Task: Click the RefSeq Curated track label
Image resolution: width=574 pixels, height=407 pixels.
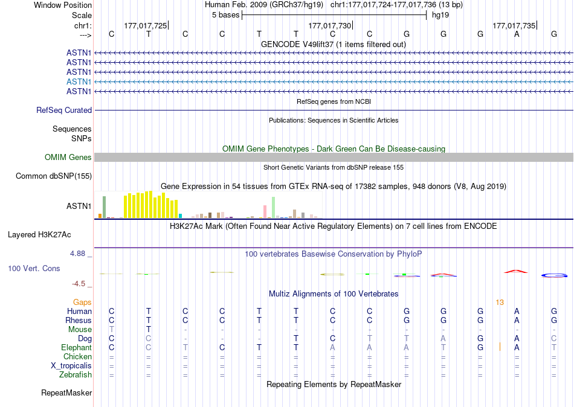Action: pos(64,111)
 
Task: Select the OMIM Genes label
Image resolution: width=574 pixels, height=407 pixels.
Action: pos(68,158)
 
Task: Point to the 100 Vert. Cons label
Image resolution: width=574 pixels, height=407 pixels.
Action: pos(34,268)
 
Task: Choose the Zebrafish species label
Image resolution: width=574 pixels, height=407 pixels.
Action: pos(76,375)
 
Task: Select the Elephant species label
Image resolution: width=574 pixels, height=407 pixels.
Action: pos(76,348)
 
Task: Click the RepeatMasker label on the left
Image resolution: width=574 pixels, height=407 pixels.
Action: pos(66,393)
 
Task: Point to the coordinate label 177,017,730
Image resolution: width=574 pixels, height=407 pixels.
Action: pos(329,25)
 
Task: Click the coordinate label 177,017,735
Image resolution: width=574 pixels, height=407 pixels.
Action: pos(514,25)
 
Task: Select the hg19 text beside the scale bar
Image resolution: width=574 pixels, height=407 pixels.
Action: pos(440,15)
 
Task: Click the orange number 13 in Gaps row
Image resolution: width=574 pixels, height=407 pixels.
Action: pos(500,302)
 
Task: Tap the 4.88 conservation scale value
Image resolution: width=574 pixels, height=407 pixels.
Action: pos(78,254)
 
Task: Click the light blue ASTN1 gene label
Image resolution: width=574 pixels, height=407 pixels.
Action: pos(79,82)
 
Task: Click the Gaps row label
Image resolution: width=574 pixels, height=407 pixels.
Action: pos(82,302)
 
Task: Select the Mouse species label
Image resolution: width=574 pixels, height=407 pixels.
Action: pos(80,330)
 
